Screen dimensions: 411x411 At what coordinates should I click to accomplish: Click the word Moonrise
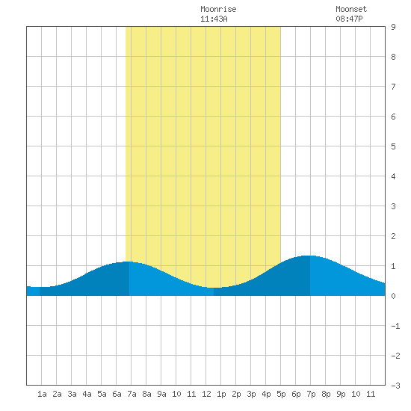(218, 9)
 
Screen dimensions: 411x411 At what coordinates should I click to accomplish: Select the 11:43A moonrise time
(214, 19)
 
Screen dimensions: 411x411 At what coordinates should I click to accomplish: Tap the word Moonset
(351, 9)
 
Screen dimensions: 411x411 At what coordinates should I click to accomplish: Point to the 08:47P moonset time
(349, 19)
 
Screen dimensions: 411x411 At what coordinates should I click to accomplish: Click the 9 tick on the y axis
(393, 27)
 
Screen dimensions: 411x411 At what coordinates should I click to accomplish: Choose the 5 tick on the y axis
(393, 146)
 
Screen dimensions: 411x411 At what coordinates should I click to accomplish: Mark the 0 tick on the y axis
(393, 296)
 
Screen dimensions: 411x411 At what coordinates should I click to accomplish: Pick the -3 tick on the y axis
(395, 386)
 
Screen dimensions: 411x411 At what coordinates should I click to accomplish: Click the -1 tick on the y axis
(395, 326)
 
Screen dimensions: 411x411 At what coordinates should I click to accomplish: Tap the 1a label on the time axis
(42, 394)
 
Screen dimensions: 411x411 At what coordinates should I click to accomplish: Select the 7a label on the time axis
(132, 394)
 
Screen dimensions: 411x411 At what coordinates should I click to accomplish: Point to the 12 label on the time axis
(206, 394)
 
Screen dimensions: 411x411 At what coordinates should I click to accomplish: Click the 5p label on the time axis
(281, 394)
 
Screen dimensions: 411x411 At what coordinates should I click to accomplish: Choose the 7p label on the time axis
(311, 394)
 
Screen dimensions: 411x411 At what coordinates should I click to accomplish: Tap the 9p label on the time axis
(341, 394)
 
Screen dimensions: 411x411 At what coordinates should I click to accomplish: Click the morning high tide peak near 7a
(129, 262)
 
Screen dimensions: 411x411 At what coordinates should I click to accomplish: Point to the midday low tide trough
(214, 288)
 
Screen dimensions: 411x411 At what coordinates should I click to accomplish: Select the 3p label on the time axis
(251, 394)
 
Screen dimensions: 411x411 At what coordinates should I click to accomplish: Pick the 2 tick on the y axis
(393, 236)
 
